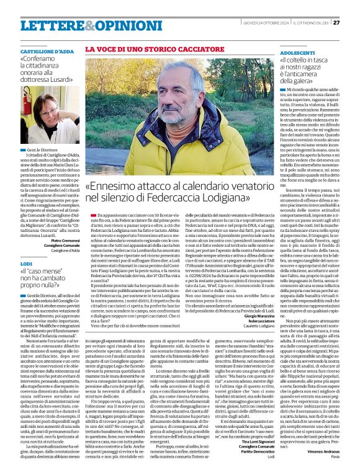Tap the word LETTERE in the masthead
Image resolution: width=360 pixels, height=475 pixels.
point(47,25)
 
